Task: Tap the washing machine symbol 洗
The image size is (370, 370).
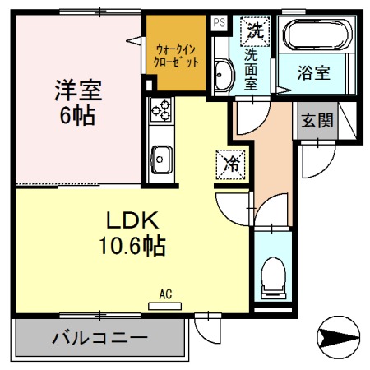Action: point(252,32)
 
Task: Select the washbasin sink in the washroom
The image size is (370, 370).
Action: point(222,77)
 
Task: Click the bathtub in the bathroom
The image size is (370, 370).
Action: point(317,36)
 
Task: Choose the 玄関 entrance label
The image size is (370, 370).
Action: point(316,122)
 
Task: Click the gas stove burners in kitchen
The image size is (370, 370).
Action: point(160,109)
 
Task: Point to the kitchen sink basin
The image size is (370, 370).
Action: point(160,156)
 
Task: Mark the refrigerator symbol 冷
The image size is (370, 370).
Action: point(232,164)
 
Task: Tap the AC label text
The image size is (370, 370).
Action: point(164,294)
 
